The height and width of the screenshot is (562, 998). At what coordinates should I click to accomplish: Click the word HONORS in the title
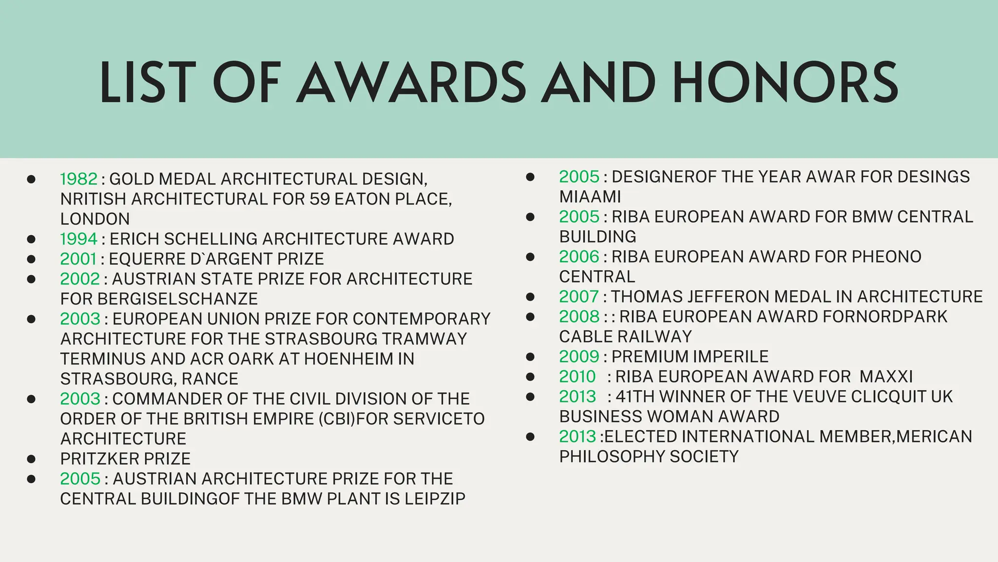coord(785,83)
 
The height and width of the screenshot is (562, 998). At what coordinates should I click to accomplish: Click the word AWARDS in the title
coord(412,83)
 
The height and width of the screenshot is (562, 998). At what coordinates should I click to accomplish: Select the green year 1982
coord(79,179)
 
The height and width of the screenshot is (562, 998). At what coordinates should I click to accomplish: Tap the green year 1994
coord(79,239)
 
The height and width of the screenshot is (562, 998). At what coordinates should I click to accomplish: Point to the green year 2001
coord(78,259)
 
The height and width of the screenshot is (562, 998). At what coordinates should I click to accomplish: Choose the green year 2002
coord(80,279)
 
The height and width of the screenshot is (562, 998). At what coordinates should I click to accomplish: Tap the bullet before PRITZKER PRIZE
coord(31,459)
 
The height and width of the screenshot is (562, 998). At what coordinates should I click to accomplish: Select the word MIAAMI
coord(590,197)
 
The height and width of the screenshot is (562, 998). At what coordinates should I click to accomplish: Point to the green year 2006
coord(579,257)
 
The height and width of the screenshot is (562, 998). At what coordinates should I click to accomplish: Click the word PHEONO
coord(886,257)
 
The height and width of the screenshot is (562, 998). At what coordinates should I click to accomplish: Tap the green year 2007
coord(578,297)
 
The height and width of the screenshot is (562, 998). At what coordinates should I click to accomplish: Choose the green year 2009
coord(579,357)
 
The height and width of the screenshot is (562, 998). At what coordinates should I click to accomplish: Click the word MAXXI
coord(886,377)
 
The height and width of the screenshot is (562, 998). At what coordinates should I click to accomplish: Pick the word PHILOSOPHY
coord(612,457)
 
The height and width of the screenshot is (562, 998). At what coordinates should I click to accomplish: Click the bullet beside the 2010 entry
coord(530,377)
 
